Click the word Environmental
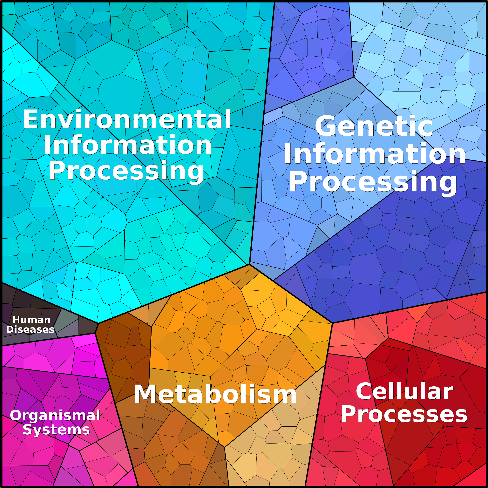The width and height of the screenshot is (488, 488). coord(127,119)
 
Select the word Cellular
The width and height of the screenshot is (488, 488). coord(404,391)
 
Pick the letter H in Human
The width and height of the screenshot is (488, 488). coord(17,320)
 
